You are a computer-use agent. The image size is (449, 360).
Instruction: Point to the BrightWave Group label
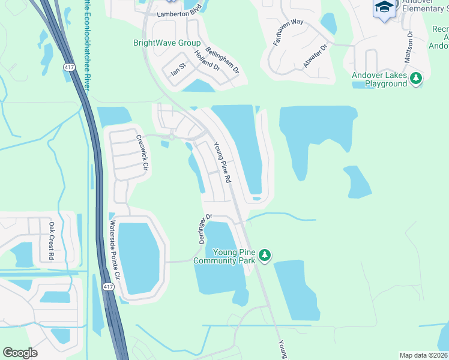(x=166, y=43)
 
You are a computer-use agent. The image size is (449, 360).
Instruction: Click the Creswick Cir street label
(x=141, y=153)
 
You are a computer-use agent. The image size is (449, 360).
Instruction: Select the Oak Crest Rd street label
(x=52, y=241)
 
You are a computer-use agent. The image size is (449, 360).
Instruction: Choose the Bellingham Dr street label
(x=222, y=61)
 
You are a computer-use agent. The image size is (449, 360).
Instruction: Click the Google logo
(x=20, y=353)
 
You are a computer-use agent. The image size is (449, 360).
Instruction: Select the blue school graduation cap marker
(x=384, y=8)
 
